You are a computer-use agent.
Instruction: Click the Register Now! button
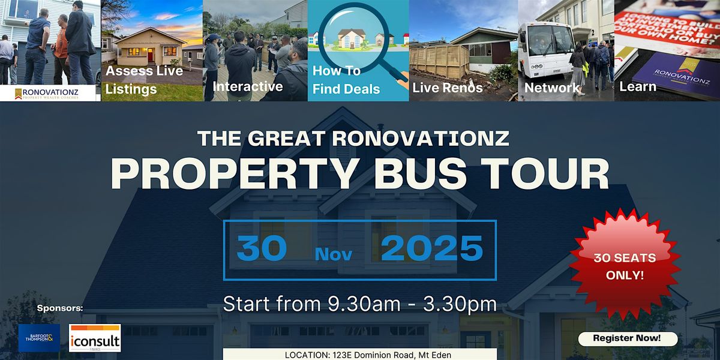pos(627,338)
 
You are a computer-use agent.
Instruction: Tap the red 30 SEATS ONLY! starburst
pos(625,265)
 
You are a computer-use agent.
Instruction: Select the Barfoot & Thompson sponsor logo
pos(39,338)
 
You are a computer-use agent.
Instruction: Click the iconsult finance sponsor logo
pos(95,338)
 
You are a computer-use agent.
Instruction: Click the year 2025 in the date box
pos(432,248)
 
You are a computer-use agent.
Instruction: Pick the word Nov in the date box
pos(333,254)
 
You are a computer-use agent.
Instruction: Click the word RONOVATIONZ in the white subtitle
pos(420,139)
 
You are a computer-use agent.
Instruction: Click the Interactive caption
pos(248,86)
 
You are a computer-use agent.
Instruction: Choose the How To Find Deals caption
pos(346,80)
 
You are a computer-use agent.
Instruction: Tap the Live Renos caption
pos(448,88)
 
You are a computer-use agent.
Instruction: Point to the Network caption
pos(552,88)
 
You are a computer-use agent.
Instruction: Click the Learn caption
pos(638,87)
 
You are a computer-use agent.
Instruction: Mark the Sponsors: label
pos(59,309)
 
